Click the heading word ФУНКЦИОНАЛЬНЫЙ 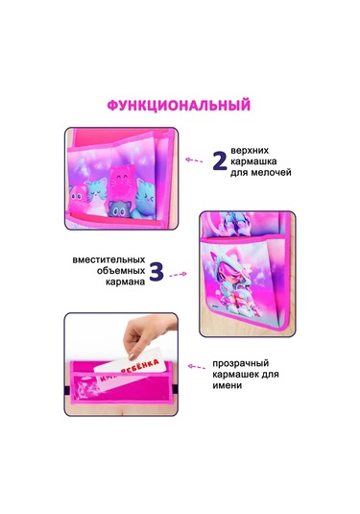coord(179,106)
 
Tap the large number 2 coord(220,161)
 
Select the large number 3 coord(156,272)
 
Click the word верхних coord(250,151)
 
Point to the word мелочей coord(271,172)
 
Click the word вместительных coord(108,260)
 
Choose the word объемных coord(121,271)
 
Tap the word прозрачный coord(241,363)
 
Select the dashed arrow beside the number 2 coord(194,160)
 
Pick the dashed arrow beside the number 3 coord(178,275)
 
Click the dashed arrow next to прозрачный coord(196,367)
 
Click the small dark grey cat coord(119,208)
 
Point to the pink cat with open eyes coord(78,198)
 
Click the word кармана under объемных coord(126,281)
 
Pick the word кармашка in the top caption coord(253,161)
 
